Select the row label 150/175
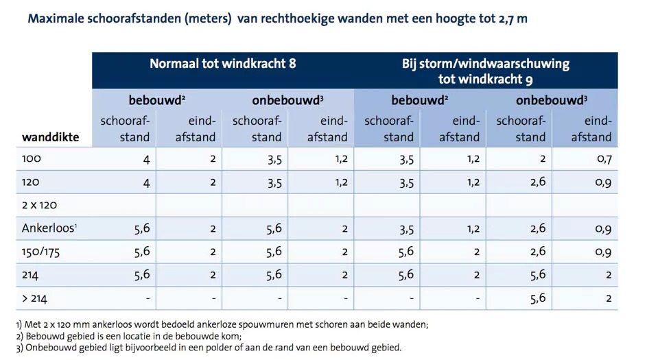click(41, 252)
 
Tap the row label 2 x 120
click(40, 205)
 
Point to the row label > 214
click(36, 298)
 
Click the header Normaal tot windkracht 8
click(223, 64)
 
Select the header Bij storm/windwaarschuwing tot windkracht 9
click(486, 71)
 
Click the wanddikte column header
click(51, 137)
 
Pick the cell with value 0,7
click(603, 158)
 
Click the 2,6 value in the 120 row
click(538, 182)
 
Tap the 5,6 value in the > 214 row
click(538, 298)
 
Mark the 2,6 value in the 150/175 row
click(538, 252)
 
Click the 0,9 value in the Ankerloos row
click(603, 228)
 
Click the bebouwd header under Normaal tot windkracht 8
click(157, 100)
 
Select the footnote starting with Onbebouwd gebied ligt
click(209, 348)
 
